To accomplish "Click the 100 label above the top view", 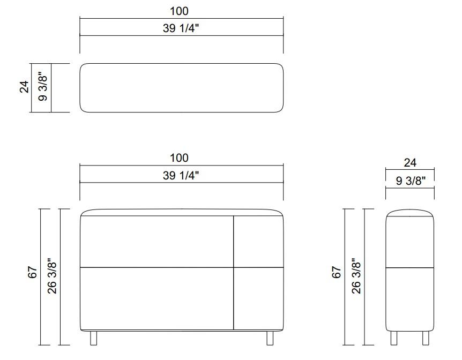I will coord(179,11).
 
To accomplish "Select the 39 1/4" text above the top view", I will coord(181,28).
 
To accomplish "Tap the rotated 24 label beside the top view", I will coord(24,87).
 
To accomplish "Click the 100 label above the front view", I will coord(179,158).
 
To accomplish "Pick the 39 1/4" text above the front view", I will coord(181,176).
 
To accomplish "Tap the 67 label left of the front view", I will coord(33,272).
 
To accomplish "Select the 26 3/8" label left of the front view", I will coord(52,276).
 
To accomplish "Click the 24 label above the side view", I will coord(409,163).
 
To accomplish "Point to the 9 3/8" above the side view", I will coord(411,181).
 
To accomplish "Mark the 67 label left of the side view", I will coord(337,272).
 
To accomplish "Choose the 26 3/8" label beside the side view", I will coord(356,276).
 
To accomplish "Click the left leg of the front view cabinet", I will coord(94,337).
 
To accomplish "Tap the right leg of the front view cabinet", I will coord(270,337).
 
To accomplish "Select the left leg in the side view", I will coord(394,337).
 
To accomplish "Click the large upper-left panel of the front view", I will coord(157,241).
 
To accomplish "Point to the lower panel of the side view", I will coord(410,298).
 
